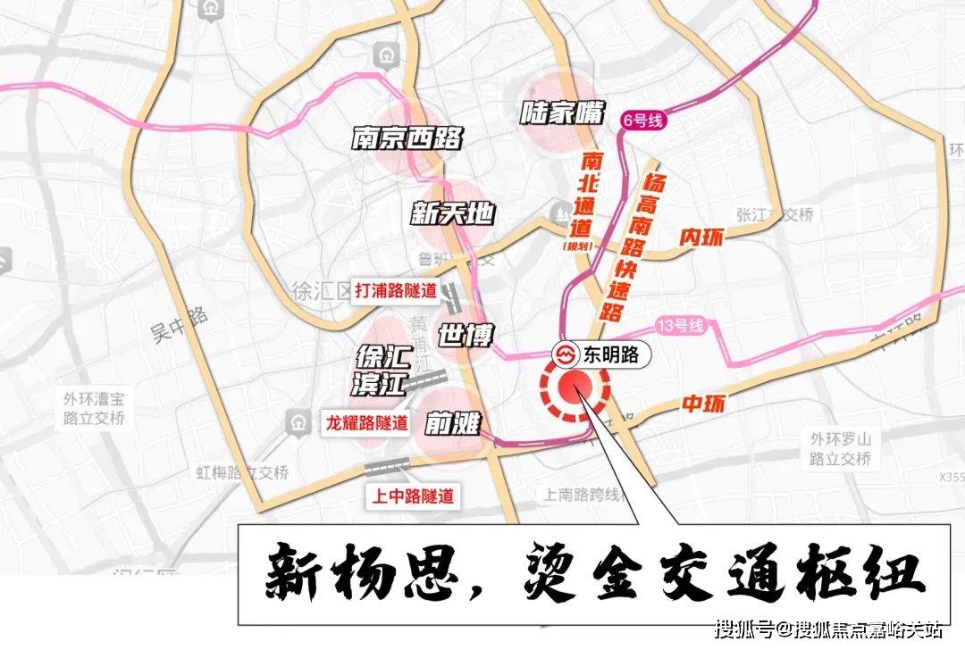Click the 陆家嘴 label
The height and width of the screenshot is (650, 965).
pos(562,113)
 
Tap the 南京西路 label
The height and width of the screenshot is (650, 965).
pos(407,138)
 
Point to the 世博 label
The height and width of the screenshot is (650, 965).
pos(465,336)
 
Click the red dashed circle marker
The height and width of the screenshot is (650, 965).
pos(575,389)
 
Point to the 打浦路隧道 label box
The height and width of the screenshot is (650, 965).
pos(396,290)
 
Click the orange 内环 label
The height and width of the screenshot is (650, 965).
pos(700,237)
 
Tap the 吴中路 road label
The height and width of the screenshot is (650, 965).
pos(179,325)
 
